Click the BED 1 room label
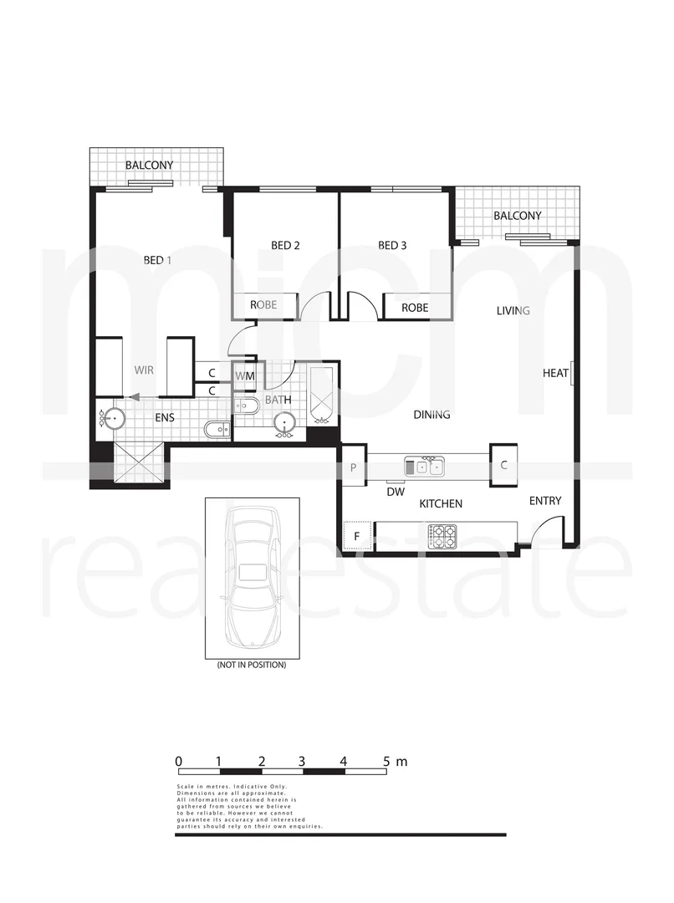[157, 260]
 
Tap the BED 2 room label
[285, 245]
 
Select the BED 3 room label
[392, 245]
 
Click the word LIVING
[513, 310]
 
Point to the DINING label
[431, 414]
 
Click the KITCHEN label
[441, 503]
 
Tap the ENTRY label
[545, 501]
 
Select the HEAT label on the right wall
[555, 373]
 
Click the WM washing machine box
[244, 376]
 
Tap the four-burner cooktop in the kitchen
[443, 533]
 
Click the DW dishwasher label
[396, 492]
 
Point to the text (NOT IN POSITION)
[252, 665]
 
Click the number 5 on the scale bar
[386, 762]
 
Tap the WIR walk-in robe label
[145, 369]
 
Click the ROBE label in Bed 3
[415, 308]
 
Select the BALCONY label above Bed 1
[150, 165]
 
